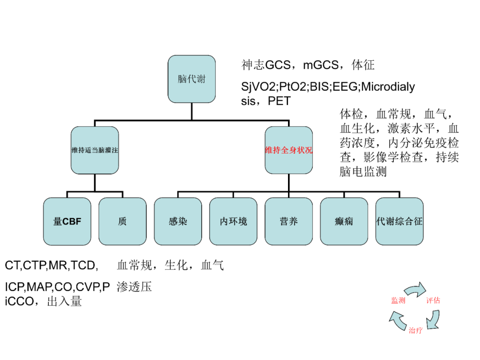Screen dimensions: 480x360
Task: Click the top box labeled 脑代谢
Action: (192, 79)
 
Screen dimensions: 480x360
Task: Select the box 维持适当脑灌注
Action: (95, 150)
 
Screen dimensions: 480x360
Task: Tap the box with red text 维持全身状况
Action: (289, 150)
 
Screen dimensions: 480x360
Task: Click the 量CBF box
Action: (67, 221)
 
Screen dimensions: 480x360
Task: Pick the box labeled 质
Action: (123, 221)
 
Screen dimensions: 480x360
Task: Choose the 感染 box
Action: (178, 221)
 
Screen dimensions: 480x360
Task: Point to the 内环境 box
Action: (233, 221)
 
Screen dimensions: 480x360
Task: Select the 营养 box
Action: (289, 221)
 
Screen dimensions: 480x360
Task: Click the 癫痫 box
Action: (344, 221)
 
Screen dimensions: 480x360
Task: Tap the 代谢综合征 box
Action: (400, 221)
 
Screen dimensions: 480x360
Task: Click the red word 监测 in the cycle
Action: (398, 300)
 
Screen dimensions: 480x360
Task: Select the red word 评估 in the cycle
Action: (433, 300)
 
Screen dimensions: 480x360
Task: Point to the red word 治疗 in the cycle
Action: (416, 330)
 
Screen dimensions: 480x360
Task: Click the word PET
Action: (279, 101)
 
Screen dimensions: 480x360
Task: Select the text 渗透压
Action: (134, 287)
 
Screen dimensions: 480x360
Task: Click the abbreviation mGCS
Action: (321, 65)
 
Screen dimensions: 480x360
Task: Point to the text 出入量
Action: (64, 301)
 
